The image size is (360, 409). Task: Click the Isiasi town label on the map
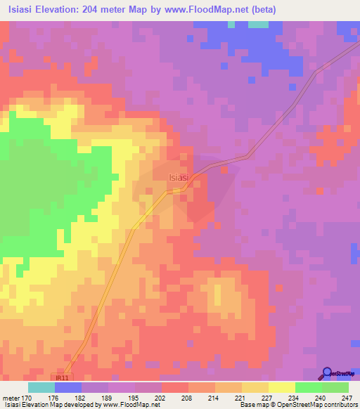(x=178, y=178)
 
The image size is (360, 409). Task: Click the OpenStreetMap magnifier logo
(x=327, y=373)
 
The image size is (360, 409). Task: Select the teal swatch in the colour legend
(x=41, y=387)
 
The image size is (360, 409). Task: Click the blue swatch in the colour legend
(x=68, y=387)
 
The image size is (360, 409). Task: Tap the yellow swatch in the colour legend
(x=282, y=387)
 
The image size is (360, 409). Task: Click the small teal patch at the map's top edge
(x=258, y=24)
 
